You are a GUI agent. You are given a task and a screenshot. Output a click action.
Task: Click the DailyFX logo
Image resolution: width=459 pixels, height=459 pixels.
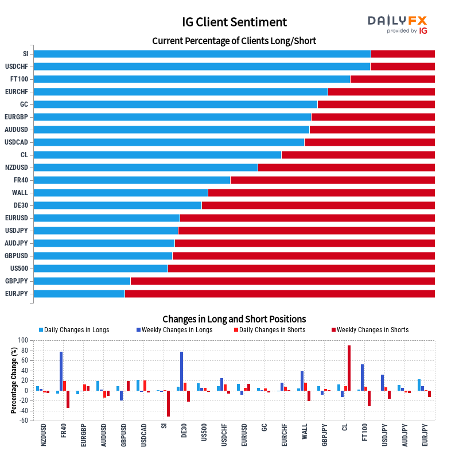397,24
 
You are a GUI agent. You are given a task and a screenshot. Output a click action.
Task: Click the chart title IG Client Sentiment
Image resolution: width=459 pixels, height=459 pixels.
234,22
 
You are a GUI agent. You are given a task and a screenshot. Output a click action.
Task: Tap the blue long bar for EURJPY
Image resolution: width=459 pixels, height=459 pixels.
79,294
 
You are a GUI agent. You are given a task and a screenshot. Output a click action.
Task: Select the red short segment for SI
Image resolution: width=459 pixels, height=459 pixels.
403,54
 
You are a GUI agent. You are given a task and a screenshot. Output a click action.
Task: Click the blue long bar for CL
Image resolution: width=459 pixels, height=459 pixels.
157,155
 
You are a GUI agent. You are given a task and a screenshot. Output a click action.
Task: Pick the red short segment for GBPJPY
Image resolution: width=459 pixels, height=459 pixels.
283,281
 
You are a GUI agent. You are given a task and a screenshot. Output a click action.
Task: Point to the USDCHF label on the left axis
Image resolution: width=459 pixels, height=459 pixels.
17,67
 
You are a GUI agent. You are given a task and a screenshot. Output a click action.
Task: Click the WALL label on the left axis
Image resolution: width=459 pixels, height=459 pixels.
20,193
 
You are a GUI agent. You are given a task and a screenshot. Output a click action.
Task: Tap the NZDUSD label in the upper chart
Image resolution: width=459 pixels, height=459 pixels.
17,168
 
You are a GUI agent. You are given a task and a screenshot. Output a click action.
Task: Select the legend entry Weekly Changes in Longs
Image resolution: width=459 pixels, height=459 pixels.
174,330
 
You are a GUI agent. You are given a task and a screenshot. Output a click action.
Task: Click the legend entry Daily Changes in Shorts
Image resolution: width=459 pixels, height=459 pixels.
270,330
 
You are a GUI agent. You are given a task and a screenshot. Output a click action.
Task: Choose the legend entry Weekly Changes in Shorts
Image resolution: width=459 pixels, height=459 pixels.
370,330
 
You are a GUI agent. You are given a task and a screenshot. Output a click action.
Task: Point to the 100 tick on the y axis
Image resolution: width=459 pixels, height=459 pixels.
23,340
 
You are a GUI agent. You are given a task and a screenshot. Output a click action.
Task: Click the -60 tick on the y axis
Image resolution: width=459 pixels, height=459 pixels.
23,421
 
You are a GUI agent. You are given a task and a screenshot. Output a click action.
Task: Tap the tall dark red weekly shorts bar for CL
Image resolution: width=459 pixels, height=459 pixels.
349,368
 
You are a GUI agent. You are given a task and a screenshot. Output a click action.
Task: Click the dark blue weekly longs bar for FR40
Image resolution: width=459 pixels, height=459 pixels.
61,371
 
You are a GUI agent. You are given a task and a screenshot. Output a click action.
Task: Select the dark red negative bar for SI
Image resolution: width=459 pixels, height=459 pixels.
168,404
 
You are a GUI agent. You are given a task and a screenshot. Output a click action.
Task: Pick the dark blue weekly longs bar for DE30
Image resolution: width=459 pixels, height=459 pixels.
181,371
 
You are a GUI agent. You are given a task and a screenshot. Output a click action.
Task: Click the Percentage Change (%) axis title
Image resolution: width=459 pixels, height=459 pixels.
14,380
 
